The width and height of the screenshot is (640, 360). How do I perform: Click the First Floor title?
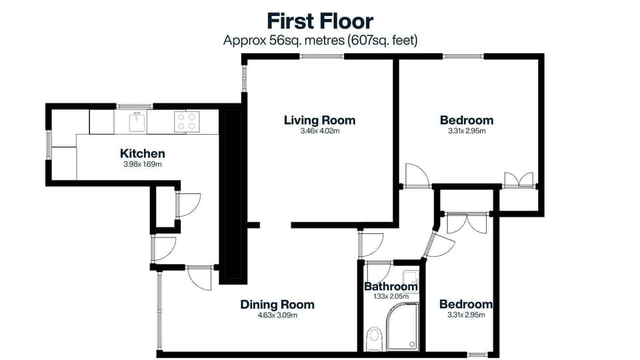click(x=320, y=21)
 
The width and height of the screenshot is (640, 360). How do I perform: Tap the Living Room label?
click(x=319, y=120)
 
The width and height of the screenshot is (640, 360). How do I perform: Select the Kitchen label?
click(x=143, y=153)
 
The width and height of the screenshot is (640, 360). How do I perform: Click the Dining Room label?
click(x=277, y=305)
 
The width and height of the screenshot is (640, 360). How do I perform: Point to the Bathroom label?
click(x=391, y=287)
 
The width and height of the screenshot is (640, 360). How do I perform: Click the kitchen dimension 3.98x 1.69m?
click(x=143, y=164)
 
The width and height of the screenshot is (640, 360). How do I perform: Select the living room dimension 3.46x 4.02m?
click(x=319, y=131)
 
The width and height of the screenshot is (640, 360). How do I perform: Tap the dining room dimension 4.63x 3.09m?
click(x=277, y=315)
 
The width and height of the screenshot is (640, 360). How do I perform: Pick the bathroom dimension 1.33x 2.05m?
click(x=391, y=296)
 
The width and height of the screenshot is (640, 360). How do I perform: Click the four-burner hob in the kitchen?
click(x=186, y=121)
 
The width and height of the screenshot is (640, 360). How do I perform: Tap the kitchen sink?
click(x=136, y=121)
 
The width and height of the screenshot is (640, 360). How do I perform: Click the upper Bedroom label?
click(x=467, y=120)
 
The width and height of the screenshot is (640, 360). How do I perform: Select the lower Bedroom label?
click(x=466, y=305)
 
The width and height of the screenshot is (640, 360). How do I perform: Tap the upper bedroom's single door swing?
click(x=415, y=175)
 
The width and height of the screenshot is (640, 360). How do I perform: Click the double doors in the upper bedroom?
click(x=519, y=179)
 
